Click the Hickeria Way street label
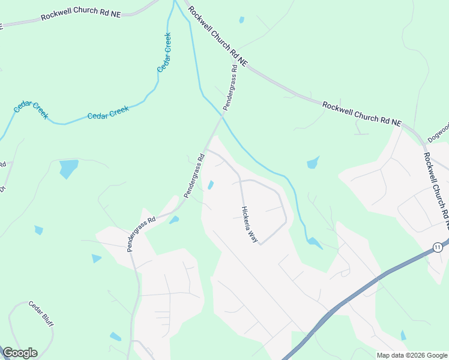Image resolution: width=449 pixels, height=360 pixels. (249, 225)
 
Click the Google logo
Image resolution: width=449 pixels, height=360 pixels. (20, 353)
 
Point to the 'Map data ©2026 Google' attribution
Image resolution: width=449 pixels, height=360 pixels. (412, 355)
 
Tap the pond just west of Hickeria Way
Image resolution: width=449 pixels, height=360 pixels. (210, 185)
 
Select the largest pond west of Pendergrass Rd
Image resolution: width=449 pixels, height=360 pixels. (69, 168)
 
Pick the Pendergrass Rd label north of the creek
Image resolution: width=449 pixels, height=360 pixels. (231, 87)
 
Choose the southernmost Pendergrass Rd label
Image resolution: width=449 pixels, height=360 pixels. (141, 233)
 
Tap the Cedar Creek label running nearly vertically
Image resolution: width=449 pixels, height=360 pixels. (164, 52)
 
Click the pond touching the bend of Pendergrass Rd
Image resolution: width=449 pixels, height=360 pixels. (174, 220)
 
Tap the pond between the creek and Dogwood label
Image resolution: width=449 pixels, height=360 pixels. (313, 163)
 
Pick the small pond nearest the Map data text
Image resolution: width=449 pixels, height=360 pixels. (403, 335)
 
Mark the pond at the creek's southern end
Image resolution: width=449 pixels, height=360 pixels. (313, 242)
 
